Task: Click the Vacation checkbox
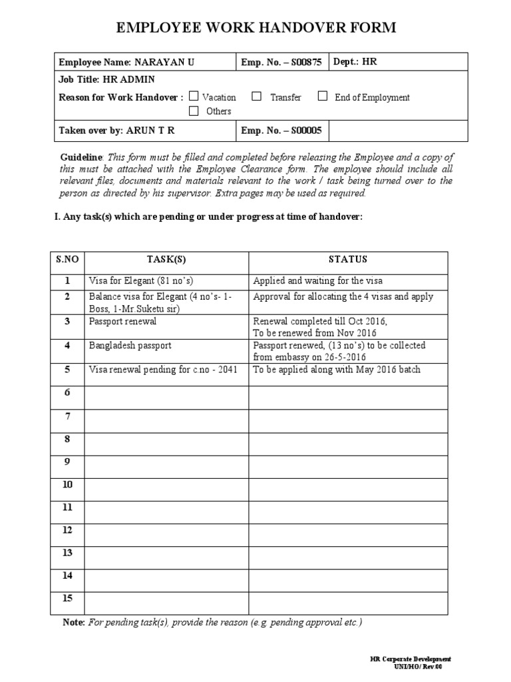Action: (194, 97)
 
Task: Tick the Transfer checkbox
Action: (256, 97)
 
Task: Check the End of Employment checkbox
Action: (323, 97)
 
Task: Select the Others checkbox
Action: (194, 111)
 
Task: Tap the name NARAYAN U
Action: (164, 63)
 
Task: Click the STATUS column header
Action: (347, 260)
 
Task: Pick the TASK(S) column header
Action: (166, 260)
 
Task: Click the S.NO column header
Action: (67, 260)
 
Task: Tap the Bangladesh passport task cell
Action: (130, 346)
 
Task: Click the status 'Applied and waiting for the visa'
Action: (318, 280)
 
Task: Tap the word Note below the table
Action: (73, 623)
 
